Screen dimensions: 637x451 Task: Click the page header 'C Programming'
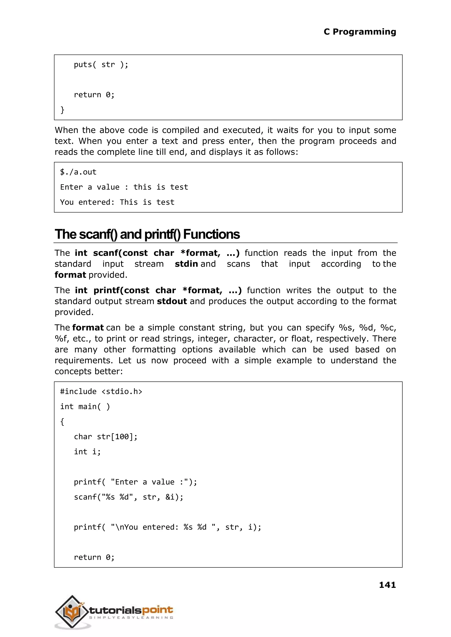pos(360,32)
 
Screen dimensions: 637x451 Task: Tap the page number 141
pos(387,585)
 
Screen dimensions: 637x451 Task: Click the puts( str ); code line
pos(101,65)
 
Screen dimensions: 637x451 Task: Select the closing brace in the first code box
pos(62,110)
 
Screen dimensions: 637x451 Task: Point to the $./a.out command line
pos(78,172)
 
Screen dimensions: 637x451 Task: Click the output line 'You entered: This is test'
pos(117,202)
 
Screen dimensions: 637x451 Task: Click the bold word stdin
pos(186,264)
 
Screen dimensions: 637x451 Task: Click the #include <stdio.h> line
pos(101,391)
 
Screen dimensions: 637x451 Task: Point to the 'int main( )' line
pos(85,407)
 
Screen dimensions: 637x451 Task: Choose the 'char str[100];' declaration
pos(105,437)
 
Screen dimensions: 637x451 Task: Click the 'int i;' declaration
pos(87,452)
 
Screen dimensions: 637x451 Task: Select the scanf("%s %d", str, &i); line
pos(129,497)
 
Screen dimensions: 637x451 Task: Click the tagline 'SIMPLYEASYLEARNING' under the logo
pos(131,618)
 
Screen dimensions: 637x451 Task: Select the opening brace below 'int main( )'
pos(62,422)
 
